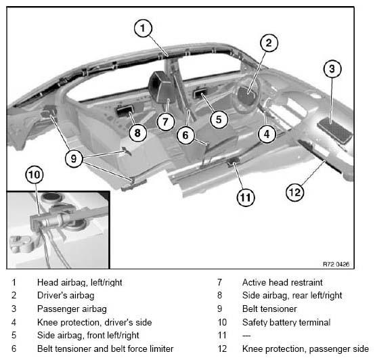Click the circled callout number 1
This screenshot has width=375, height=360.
point(143,28)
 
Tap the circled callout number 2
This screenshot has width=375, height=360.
point(269,43)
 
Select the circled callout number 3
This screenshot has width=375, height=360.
point(332,69)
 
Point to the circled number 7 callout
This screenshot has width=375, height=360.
point(165,122)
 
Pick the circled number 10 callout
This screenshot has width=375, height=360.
point(35,175)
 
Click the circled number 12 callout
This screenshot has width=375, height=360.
point(295,192)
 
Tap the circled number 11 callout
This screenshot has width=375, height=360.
point(246,198)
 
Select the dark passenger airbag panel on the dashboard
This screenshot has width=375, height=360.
point(335,131)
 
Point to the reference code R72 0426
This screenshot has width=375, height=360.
point(336,264)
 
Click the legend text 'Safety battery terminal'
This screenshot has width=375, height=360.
point(286,323)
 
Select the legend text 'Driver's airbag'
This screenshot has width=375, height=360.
point(66,296)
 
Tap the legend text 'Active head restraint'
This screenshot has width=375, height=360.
point(282,282)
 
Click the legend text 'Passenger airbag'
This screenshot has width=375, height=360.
point(72,309)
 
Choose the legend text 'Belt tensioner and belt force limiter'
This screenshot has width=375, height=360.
point(105,348)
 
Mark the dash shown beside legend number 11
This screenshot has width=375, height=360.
point(246,336)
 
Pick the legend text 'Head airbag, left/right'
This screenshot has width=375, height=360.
point(80,283)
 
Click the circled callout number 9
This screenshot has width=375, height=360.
point(74,158)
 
